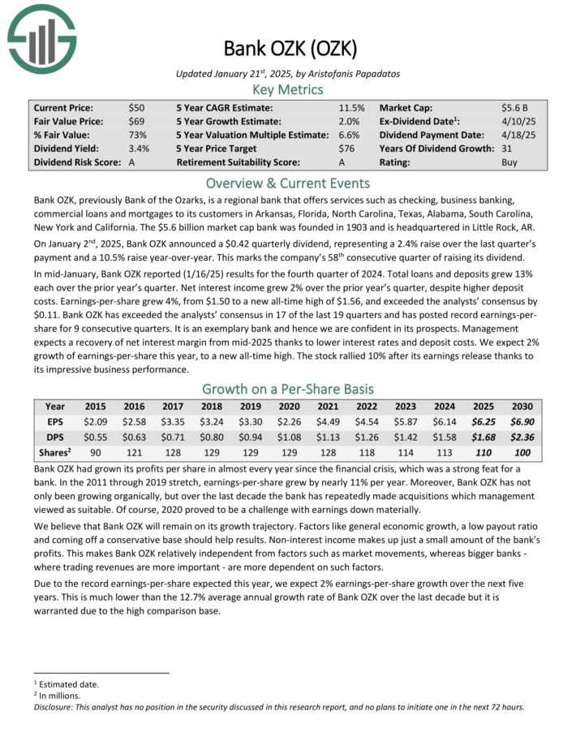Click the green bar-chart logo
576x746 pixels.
[x=41, y=37]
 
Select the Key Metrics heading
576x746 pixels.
[x=288, y=89]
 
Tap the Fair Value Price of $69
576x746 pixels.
[x=137, y=120]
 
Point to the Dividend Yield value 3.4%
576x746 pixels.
[x=139, y=149]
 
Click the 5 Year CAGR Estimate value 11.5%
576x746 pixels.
[x=351, y=107]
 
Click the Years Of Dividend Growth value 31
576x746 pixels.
[x=507, y=149]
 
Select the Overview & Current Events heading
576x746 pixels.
[x=288, y=183]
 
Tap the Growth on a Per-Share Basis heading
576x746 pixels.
[x=288, y=389]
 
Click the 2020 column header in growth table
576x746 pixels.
[x=288, y=406]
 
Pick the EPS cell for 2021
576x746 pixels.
[x=327, y=421]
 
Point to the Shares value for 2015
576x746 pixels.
[x=95, y=452]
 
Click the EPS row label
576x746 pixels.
[x=55, y=421]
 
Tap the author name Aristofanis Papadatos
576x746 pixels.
[x=351, y=73]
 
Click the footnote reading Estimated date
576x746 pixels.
[x=68, y=684]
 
